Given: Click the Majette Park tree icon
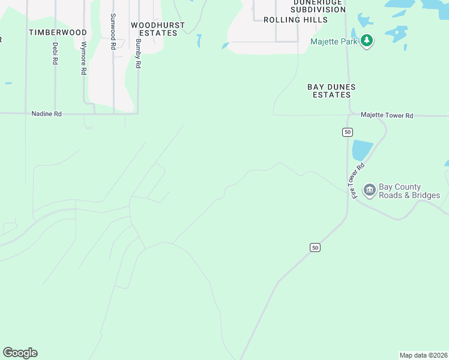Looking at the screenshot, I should tap(366, 41).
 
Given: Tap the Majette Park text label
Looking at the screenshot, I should tap(334, 41).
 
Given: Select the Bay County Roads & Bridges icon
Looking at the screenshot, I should tap(369, 191).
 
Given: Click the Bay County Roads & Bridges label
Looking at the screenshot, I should tap(409, 191).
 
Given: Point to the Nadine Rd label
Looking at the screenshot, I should tap(47, 113).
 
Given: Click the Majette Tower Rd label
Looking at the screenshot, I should tap(387, 115).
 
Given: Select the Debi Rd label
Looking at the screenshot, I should tap(55, 53).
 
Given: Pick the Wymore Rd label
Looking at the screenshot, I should tap(83, 58).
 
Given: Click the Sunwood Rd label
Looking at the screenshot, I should tap(113, 31).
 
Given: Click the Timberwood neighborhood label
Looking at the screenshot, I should tap(58, 32).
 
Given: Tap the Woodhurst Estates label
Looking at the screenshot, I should tap(158, 29).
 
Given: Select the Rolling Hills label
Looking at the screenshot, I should tap(296, 20).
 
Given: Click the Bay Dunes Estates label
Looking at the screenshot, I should tap(331, 91).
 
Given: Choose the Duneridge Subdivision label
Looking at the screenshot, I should tap(318, 5).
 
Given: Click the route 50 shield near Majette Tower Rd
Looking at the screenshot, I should tap(347, 132).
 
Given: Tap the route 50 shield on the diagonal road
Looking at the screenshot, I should tap(315, 247).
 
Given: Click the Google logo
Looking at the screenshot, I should tap(20, 353).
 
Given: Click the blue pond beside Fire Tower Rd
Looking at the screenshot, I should tap(362, 150).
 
